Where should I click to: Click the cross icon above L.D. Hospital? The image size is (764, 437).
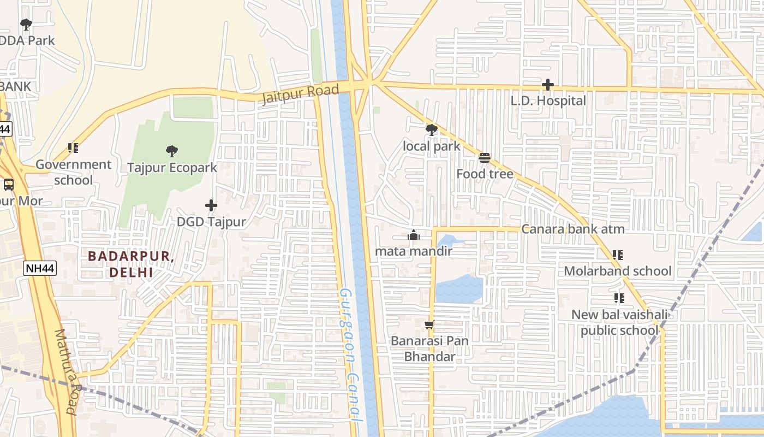(x=548, y=85)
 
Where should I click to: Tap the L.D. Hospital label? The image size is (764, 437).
(x=548, y=101)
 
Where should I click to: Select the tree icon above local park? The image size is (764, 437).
(x=431, y=130)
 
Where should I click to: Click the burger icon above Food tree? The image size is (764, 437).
(x=484, y=158)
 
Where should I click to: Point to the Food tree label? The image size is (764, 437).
(x=485, y=174)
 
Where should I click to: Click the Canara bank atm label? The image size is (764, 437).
(x=572, y=229)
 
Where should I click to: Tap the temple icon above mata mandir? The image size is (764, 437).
(x=413, y=235)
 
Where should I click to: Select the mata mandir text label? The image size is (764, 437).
(x=413, y=251)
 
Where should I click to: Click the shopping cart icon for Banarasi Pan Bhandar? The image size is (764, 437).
(x=429, y=325)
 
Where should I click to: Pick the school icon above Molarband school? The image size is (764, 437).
(x=617, y=255)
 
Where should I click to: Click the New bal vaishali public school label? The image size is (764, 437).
(x=619, y=323)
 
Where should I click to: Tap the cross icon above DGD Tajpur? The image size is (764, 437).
(x=211, y=205)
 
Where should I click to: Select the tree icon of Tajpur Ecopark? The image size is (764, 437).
(x=172, y=151)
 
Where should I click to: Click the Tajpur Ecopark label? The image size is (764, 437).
(x=172, y=168)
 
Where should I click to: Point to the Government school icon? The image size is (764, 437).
(x=73, y=148)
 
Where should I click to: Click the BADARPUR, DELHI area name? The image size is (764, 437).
(x=131, y=264)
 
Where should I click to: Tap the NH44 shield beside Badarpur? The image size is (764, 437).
(x=40, y=268)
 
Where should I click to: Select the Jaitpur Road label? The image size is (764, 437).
(x=300, y=93)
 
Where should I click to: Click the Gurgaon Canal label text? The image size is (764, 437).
(x=348, y=355)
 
